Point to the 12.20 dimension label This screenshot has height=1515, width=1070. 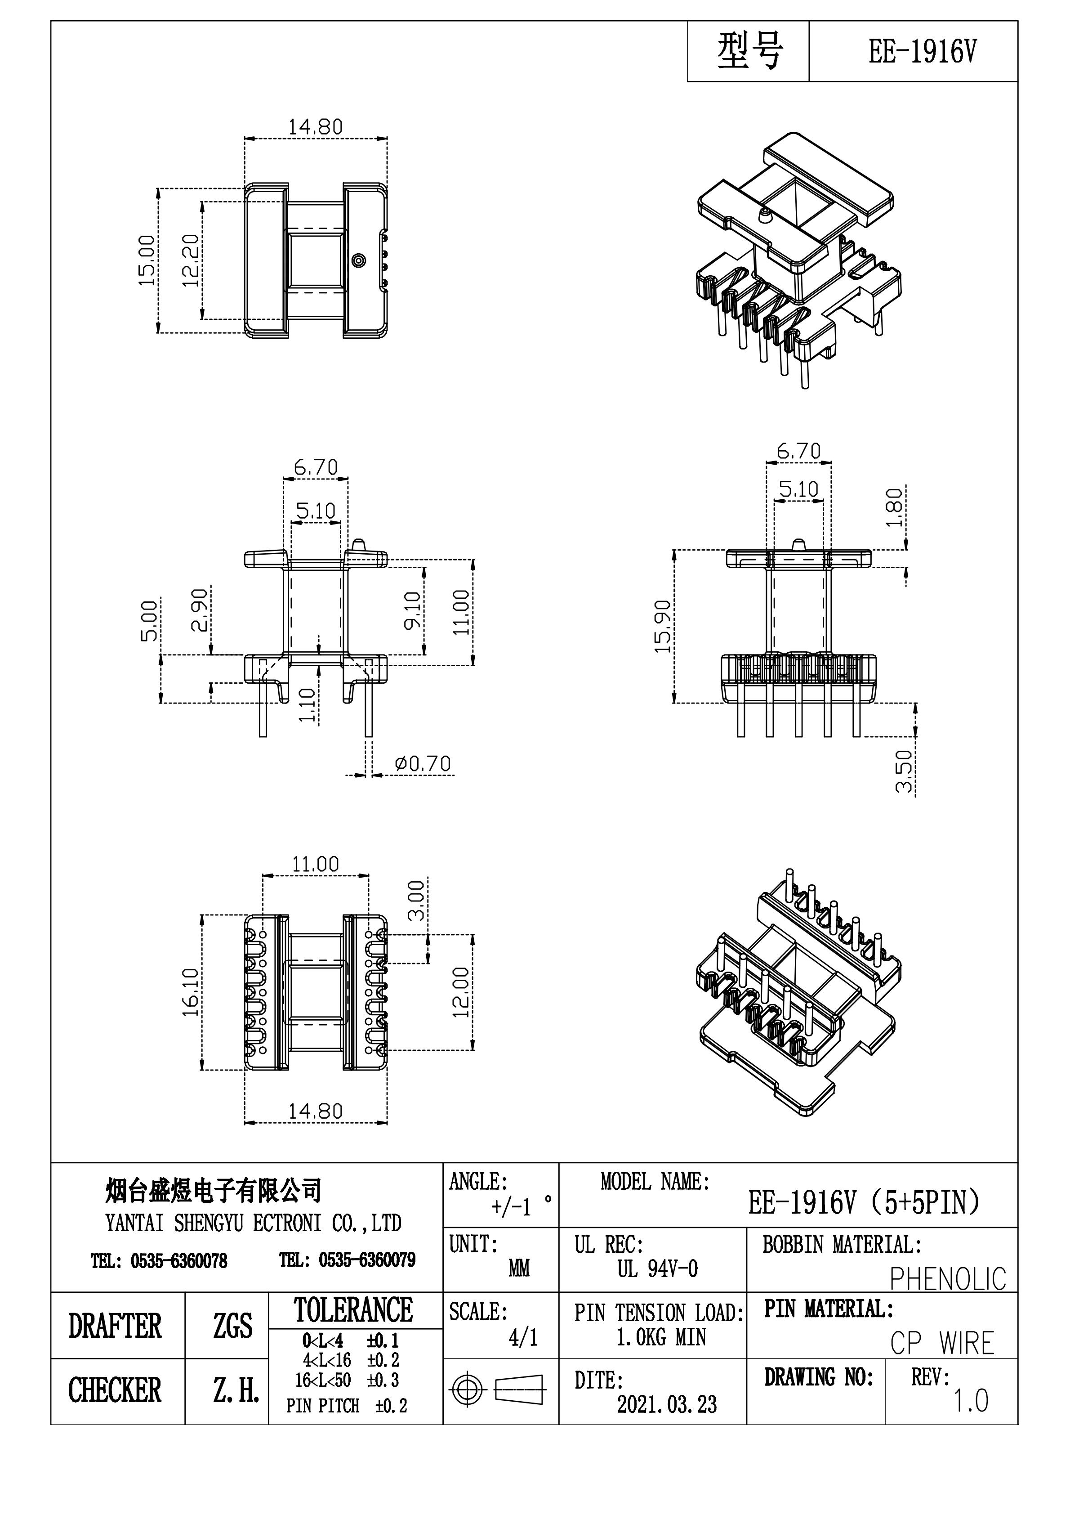(191, 260)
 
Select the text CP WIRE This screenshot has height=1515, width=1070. (942, 1344)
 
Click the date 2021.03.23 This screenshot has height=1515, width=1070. (667, 1404)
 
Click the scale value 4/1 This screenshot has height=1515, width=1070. (523, 1337)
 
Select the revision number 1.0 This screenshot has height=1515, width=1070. (970, 1400)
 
